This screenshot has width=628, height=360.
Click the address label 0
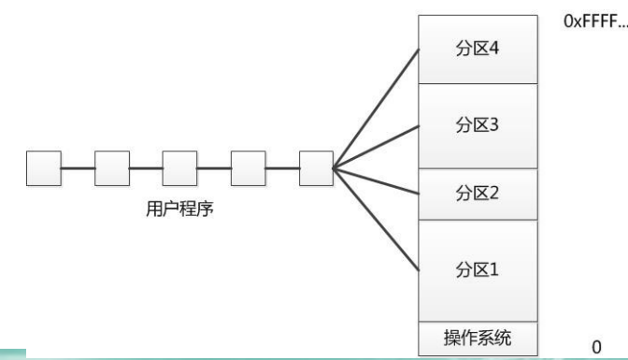click(x=595, y=346)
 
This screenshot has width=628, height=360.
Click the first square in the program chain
click(x=43, y=168)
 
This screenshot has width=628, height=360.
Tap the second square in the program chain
click(x=112, y=168)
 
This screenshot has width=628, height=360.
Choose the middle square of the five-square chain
click(x=179, y=168)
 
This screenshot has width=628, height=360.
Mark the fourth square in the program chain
click(x=248, y=168)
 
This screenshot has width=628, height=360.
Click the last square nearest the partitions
click(x=316, y=168)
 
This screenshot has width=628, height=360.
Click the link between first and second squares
click(x=78, y=168)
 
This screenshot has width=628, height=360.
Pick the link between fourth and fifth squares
click(x=281, y=168)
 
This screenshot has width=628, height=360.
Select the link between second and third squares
click(x=146, y=168)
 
